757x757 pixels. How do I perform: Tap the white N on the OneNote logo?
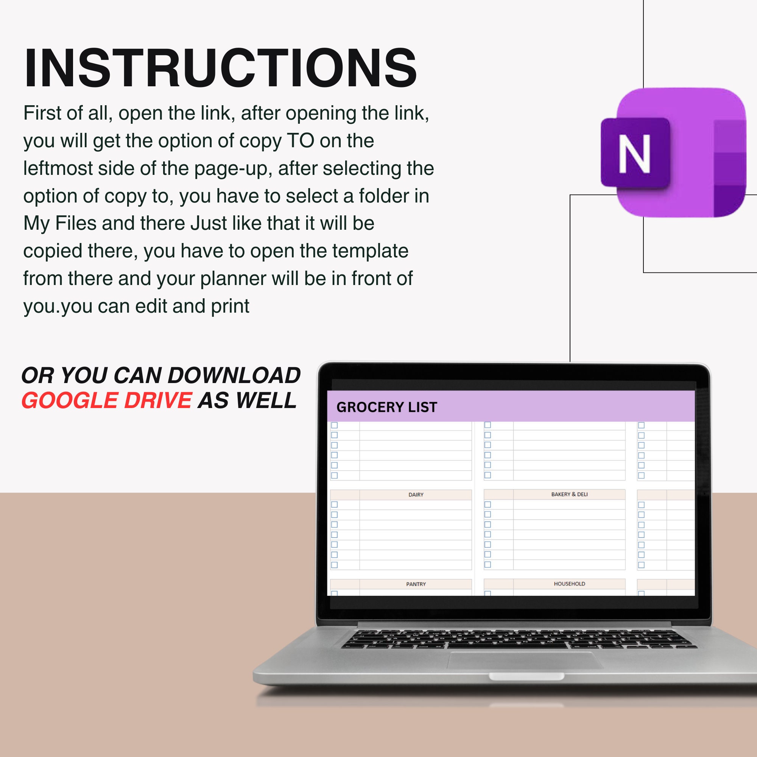pyautogui.click(x=634, y=154)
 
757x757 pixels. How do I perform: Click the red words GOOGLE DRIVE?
pyautogui.click(x=107, y=400)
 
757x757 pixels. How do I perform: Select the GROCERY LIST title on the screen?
pyautogui.click(x=386, y=407)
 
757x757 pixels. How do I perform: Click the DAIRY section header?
pyautogui.click(x=416, y=494)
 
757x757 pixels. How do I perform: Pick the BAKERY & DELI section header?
pyautogui.click(x=569, y=494)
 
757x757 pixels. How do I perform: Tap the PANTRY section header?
pyautogui.click(x=416, y=584)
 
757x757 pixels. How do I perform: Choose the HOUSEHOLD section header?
pyautogui.click(x=569, y=583)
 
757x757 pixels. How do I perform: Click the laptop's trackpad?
pyautogui.click(x=525, y=660)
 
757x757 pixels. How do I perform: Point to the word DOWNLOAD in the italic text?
pyautogui.click(x=234, y=375)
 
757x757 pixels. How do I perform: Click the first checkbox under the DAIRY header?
pyautogui.click(x=334, y=505)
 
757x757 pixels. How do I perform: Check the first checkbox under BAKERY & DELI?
pyautogui.click(x=488, y=505)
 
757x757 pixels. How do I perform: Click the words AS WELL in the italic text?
pyautogui.click(x=247, y=400)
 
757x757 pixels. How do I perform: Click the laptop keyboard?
pyautogui.click(x=517, y=638)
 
